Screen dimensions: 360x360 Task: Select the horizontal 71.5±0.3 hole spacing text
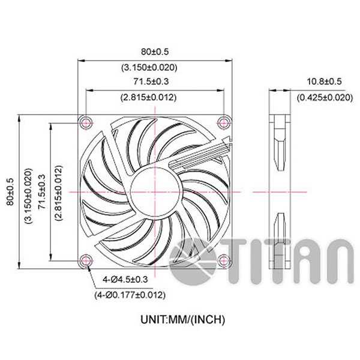[155, 82]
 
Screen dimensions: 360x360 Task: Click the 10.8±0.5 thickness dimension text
[324, 82]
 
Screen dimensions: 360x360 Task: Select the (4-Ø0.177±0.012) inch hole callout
[130, 295]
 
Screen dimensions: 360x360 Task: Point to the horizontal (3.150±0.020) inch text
[155, 67]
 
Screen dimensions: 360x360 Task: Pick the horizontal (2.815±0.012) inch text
[155, 97]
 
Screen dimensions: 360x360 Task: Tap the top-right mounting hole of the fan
[224, 122]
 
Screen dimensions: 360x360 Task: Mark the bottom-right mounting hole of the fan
[224, 260]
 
